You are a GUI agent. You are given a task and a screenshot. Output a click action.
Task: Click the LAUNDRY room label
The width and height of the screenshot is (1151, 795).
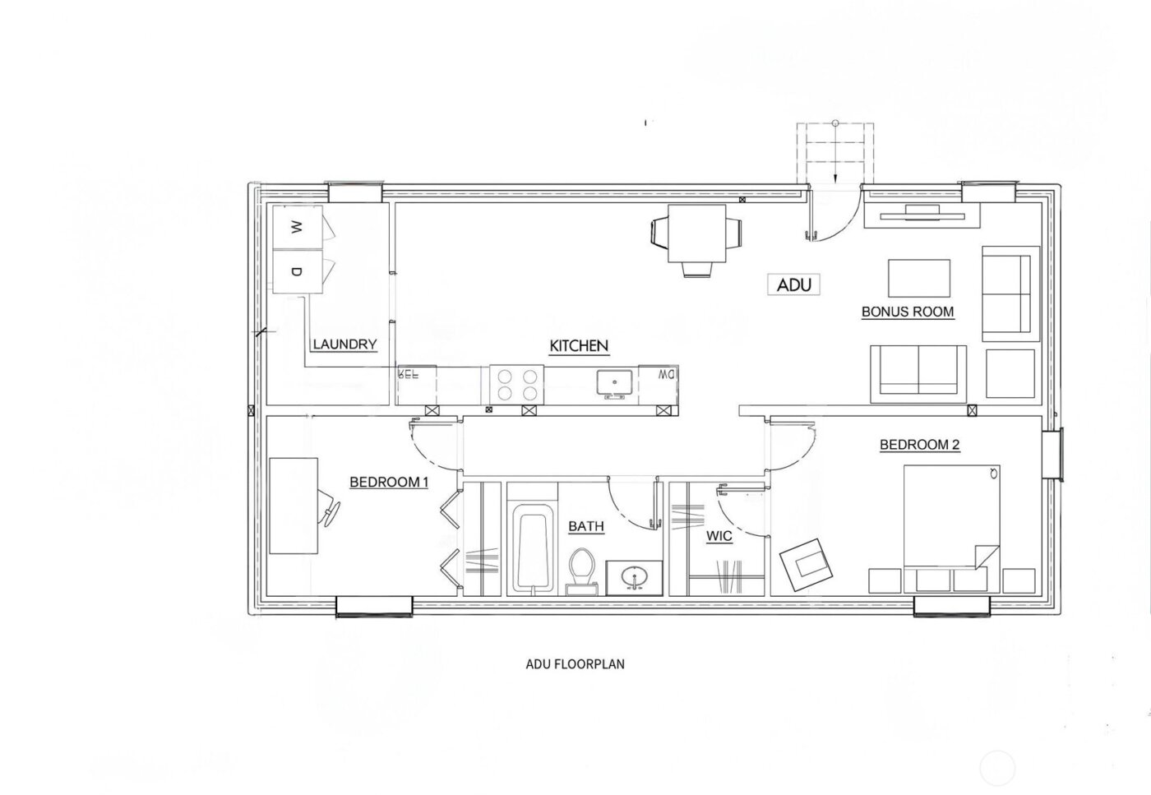coord(344,344)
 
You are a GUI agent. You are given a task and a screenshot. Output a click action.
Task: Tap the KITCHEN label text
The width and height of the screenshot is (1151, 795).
coord(579,346)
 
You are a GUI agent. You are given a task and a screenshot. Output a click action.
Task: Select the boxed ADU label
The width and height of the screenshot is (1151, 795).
coord(794,284)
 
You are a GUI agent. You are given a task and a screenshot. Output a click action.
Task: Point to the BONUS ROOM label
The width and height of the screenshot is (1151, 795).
coord(908,312)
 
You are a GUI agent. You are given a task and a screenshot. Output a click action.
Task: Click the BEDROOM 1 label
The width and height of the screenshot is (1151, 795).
coord(389,482)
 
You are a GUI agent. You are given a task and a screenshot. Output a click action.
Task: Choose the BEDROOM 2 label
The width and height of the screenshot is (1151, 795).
coord(920,445)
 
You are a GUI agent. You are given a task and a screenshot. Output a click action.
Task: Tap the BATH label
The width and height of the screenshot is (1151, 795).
coord(586,526)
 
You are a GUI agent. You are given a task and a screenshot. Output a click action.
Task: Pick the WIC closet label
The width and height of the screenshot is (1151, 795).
coord(719,537)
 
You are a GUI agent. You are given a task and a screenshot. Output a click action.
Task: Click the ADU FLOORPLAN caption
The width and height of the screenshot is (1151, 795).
coord(575,663)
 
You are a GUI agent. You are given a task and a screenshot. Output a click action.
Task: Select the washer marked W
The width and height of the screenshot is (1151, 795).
coord(297,225)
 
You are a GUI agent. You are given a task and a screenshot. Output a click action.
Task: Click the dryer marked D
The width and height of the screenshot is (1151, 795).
coord(297,270)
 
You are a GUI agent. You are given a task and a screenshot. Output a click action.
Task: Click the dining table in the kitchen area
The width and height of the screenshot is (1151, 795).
coord(696,233)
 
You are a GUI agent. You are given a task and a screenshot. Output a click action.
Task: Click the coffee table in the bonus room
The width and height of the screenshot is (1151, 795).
coord(918,277)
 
